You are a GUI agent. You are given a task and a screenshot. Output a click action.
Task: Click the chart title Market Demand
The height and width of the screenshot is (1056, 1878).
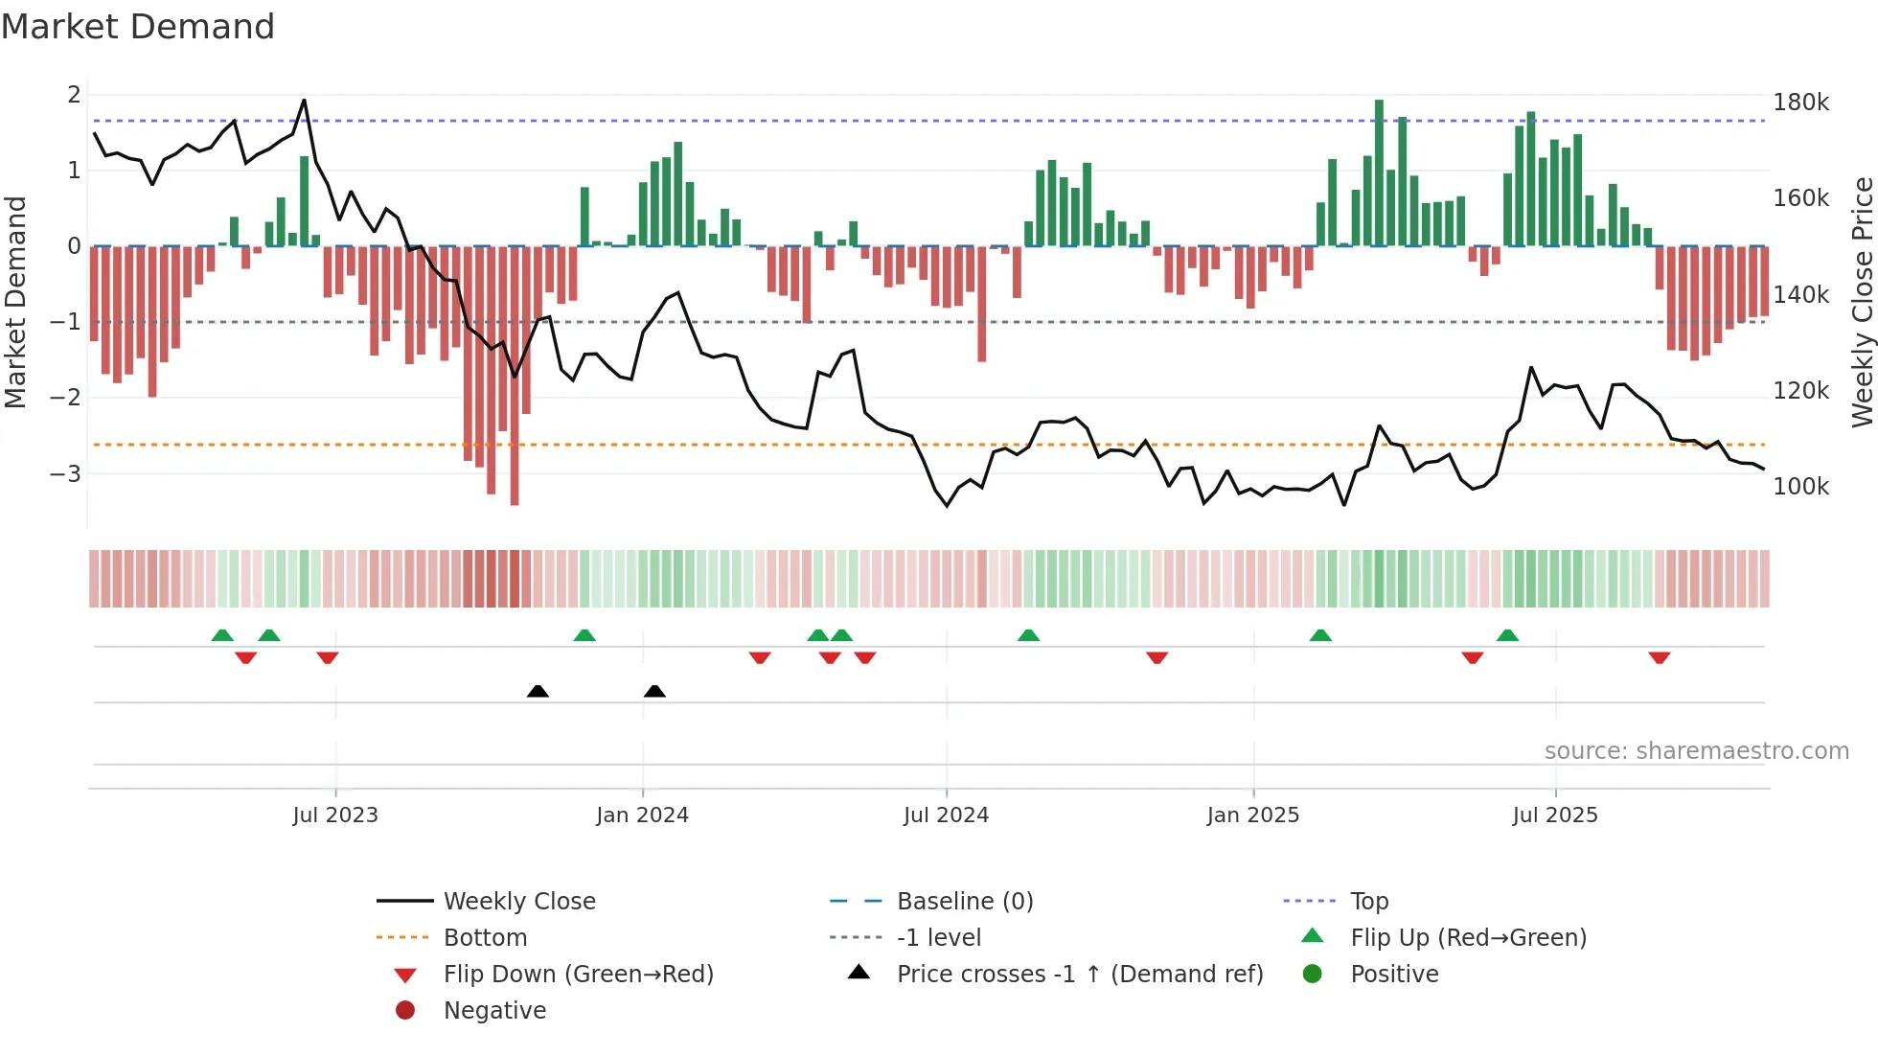[138, 27]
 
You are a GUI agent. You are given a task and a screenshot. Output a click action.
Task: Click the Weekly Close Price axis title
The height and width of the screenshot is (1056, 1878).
[1862, 302]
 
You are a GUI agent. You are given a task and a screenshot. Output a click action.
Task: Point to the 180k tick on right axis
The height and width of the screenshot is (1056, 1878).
[1800, 103]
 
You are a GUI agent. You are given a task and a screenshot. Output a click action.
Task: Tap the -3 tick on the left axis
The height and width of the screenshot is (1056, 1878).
[65, 473]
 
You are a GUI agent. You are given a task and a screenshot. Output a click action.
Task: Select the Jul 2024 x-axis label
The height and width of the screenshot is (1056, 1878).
[946, 815]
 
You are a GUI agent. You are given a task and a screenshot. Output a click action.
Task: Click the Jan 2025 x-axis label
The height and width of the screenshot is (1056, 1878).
[1252, 815]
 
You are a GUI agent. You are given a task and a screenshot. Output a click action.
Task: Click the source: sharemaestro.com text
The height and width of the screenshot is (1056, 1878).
[1696, 751]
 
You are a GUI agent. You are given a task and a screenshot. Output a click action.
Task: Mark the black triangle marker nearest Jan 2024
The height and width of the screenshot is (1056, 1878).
[654, 691]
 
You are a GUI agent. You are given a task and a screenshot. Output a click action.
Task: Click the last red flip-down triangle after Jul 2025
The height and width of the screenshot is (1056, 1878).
[1660, 657]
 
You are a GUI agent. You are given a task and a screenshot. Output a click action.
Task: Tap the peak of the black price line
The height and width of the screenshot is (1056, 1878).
[304, 100]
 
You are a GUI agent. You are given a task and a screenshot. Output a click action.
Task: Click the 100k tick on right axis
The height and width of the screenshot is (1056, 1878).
[1800, 487]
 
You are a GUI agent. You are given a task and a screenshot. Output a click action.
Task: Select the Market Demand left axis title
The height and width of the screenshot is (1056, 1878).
[15, 302]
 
